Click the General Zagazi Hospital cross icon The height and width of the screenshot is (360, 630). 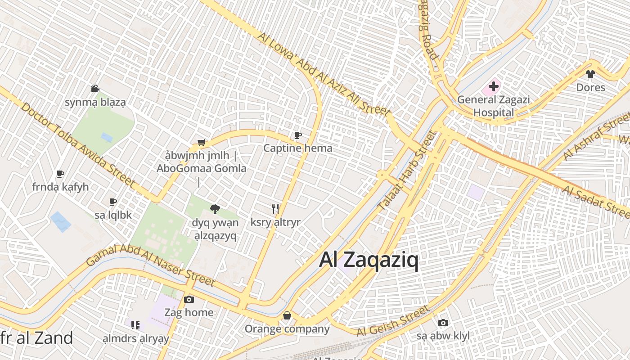pyautogui.click(x=494, y=85)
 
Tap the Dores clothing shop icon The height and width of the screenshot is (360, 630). pyautogui.click(x=590, y=74)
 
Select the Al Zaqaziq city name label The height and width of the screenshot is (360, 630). pyautogui.click(x=369, y=260)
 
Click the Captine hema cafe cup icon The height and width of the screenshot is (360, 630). pyautogui.click(x=297, y=135)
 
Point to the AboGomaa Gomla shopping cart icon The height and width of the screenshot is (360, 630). pyautogui.click(x=202, y=143)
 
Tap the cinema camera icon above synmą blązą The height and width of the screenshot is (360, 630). pyautogui.click(x=95, y=89)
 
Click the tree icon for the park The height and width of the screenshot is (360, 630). pyautogui.click(x=215, y=209)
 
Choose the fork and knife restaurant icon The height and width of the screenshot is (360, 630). pyautogui.click(x=275, y=208)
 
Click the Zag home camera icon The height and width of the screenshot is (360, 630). pyautogui.click(x=189, y=299)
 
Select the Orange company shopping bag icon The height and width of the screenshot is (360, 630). pyautogui.click(x=287, y=316)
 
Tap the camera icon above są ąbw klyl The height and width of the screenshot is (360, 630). pyautogui.click(x=443, y=323)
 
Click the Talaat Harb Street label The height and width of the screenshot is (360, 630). pyautogui.click(x=407, y=171)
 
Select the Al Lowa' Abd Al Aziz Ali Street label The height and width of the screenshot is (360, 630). pyautogui.click(x=323, y=74)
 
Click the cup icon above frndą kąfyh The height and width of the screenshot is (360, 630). pyautogui.click(x=60, y=174)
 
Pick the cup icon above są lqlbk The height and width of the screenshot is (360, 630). pyautogui.click(x=113, y=202)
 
